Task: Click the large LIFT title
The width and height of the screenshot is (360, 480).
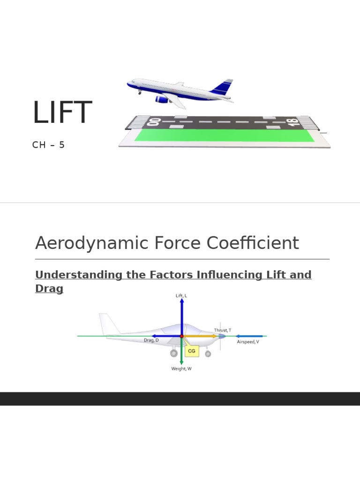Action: click(x=62, y=113)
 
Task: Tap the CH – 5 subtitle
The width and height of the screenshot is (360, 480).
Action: click(x=48, y=145)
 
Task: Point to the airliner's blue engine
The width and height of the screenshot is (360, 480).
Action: click(x=162, y=99)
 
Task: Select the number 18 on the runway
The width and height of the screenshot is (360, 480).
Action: click(x=293, y=122)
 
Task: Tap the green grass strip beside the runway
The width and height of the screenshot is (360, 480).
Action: click(x=224, y=135)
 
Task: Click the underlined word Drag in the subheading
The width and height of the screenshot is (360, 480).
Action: click(x=49, y=289)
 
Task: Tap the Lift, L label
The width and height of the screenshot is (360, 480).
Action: click(x=181, y=296)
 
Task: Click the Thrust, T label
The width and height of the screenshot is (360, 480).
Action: click(x=223, y=330)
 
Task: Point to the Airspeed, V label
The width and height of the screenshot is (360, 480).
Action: click(x=248, y=342)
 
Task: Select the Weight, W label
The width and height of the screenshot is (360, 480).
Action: click(x=181, y=369)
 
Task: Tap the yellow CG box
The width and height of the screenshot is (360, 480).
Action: click(x=191, y=351)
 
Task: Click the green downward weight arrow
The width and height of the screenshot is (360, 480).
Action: click(x=181, y=354)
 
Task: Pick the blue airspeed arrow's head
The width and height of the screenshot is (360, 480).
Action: click(x=237, y=336)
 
